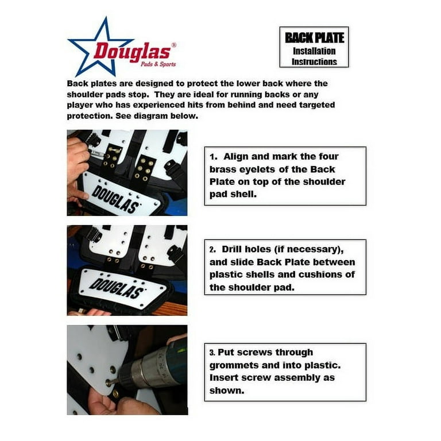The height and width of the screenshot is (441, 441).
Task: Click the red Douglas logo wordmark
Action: coord(132,52)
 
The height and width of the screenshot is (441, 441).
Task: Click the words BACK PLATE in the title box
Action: coord(314,38)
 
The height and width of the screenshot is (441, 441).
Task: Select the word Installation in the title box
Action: coord(314,51)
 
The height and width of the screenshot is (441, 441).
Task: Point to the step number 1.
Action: coord(214,157)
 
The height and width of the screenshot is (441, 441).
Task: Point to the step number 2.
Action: coord(212,250)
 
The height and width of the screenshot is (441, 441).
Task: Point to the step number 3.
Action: coord(212,353)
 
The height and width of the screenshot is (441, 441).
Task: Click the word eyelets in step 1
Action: coord(257,169)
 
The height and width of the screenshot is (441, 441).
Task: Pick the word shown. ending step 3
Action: coord(227,390)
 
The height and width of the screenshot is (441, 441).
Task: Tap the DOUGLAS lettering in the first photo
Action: coord(115,199)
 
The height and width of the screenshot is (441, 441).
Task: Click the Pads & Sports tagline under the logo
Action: coord(158,64)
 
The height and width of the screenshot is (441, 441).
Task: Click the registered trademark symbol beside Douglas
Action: coord(174,45)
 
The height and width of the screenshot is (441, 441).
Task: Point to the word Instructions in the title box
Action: coord(314,61)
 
